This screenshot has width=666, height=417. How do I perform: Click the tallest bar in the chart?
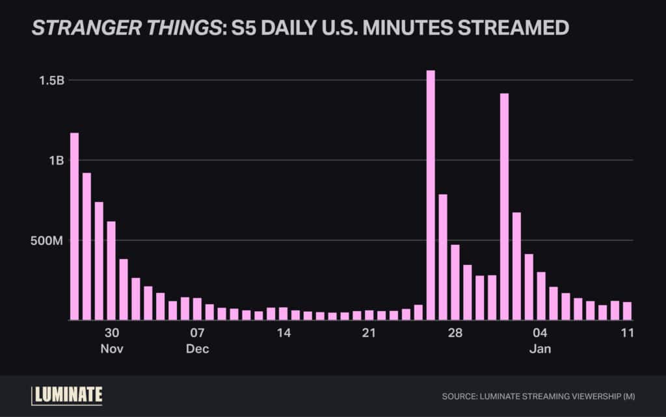pyautogui.click(x=431, y=195)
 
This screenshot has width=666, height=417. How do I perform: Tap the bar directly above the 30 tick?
pyautogui.click(x=111, y=270)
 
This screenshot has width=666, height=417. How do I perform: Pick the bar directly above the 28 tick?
pyautogui.click(x=455, y=282)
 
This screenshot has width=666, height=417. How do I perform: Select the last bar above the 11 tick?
pyautogui.click(x=627, y=310)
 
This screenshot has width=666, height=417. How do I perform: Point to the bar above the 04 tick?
pyautogui.click(x=541, y=296)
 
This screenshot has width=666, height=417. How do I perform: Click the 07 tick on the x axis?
pyautogui.click(x=197, y=333)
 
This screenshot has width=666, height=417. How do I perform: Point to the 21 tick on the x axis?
pyautogui.click(x=369, y=333)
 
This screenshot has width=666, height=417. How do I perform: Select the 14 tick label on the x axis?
pyautogui.click(x=283, y=333)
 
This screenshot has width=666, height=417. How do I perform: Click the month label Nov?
pyautogui.click(x=111, y=349)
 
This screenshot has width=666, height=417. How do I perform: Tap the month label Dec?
pyautogui.click(x=197, y=349)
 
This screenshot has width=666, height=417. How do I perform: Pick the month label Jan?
pyautogui.click(x=540, y=349)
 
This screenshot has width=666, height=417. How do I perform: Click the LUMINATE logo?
pyautogui.click(x=67, y=395)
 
